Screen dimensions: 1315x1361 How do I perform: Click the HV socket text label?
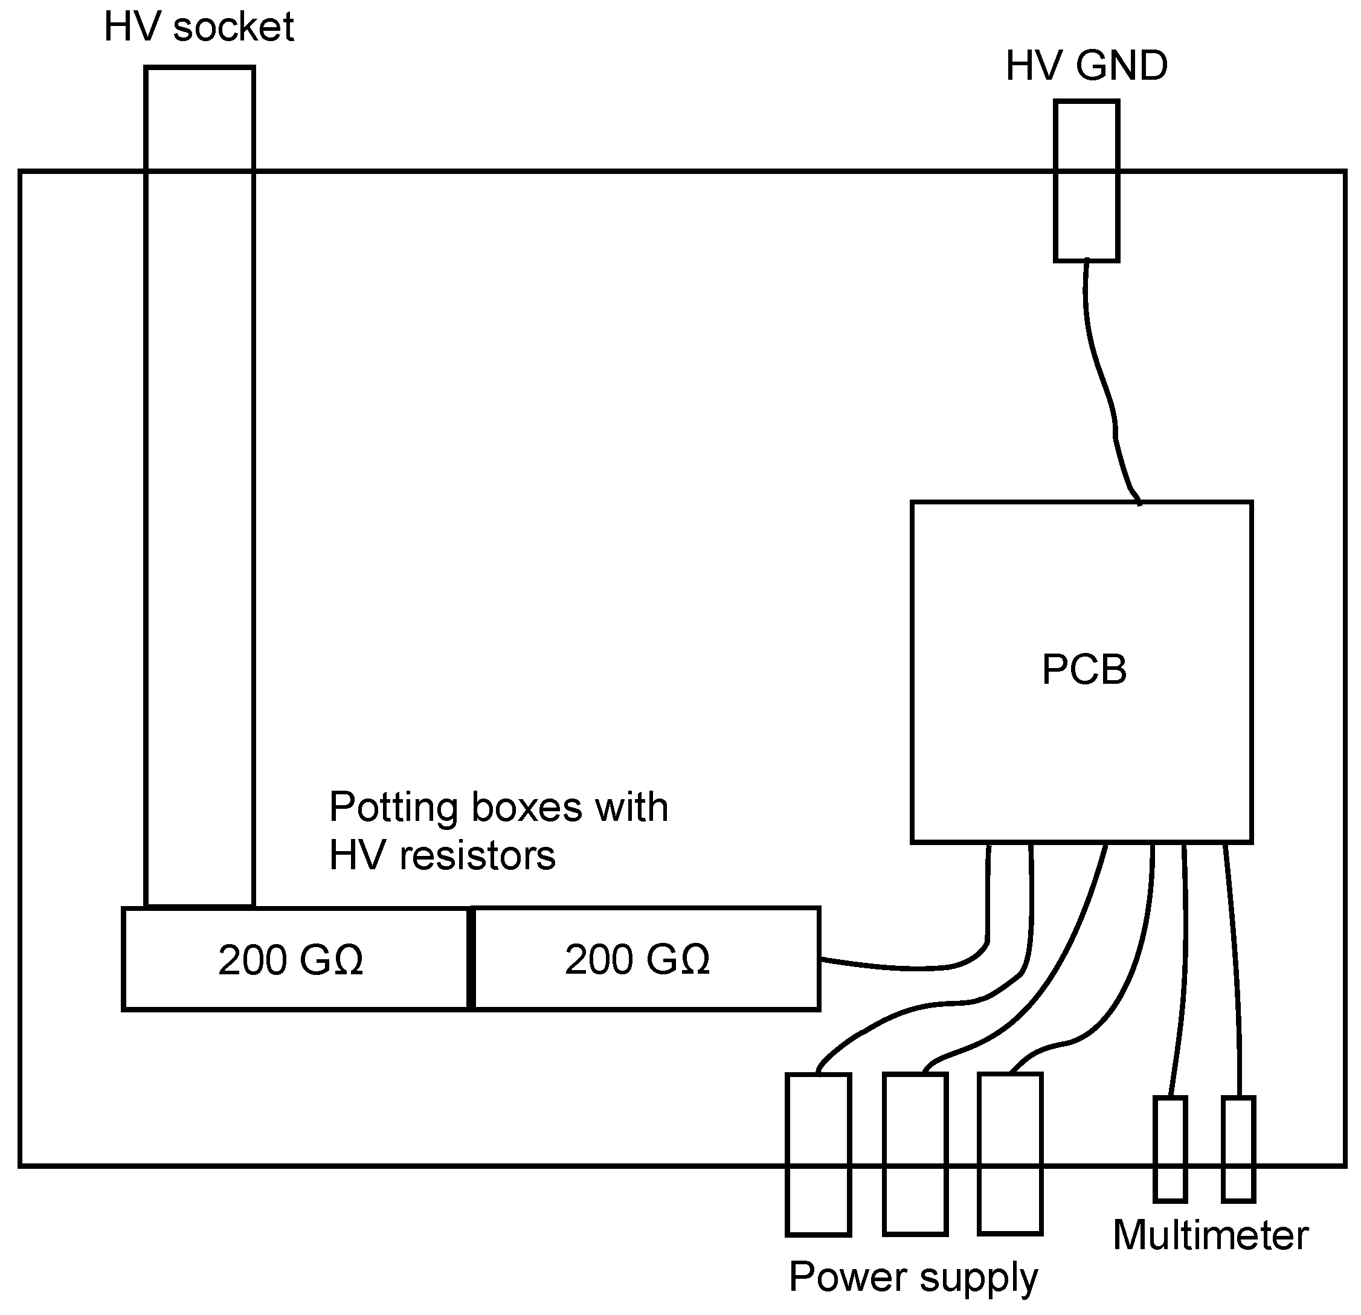[x=199, y=28]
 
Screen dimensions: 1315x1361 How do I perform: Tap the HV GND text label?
[x=1086, y=66]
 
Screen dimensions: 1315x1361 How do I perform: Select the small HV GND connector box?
[x=1086, y=181]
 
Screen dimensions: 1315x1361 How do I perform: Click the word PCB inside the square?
[x=1084, y=670]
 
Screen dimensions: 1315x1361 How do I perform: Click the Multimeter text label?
[x=1211, y=1236]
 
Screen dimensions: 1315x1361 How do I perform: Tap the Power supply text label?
[x=913, y=1278]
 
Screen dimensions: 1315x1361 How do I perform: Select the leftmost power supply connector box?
[x=818, y=1156]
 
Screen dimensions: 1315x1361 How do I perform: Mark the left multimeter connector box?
[x=1170, y=1149]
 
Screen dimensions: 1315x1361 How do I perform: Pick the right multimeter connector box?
[x=1238, y=1149]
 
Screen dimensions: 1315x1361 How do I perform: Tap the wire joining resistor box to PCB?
[x=903, y=967]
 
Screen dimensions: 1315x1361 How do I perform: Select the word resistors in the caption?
[x=477, y=855]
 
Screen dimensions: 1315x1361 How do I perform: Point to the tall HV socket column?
[x=199, y=486]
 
